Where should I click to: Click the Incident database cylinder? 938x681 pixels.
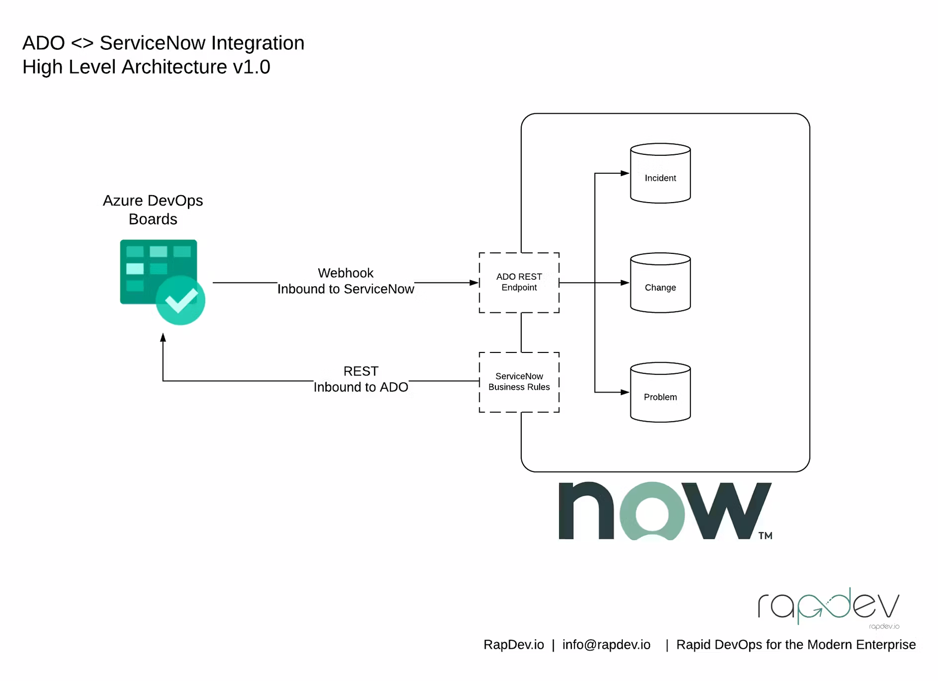coord(660,173)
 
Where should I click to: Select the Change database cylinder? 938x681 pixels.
coord(660,283)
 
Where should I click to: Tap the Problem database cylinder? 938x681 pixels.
coord(660,392)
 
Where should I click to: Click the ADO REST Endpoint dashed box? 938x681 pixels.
coord(519,282)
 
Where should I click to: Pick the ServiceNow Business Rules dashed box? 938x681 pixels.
coord(519,382)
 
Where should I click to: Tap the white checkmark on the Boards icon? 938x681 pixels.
coord(181,300)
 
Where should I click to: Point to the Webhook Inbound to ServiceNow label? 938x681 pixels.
coord(346,281)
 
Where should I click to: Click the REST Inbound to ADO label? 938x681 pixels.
coord(361,379)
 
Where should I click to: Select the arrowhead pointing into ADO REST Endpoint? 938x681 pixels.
coord(474,282)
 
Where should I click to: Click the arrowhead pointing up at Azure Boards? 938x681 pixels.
coord(163,338)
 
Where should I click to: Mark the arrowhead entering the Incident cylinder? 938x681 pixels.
coord(625,173)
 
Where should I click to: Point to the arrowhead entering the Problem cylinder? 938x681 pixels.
coord(625,392)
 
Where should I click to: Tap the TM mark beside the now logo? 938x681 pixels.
coord(765,535)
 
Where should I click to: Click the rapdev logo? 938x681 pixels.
coord(828,607)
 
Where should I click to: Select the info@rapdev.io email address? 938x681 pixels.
coord(606,644)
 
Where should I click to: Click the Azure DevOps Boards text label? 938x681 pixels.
coord(153,210)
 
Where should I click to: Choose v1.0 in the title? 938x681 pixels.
coord(251,67)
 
